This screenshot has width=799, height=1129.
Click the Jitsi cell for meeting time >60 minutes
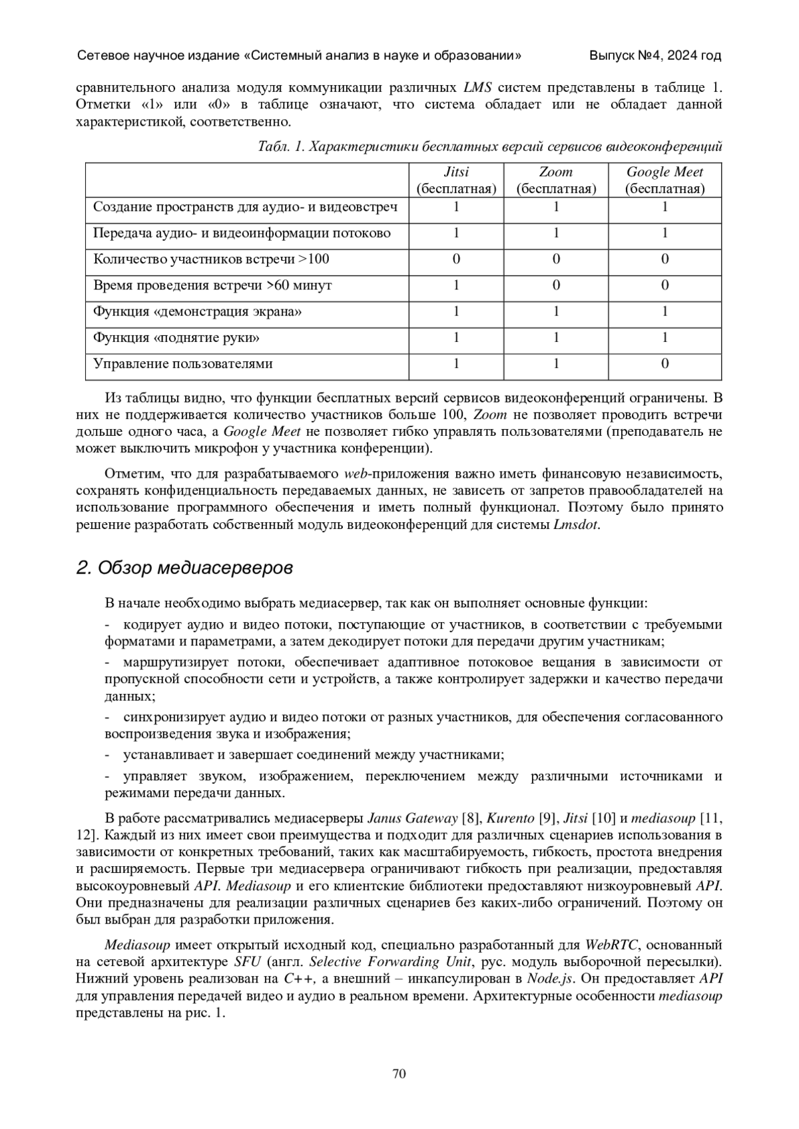click(456, 285)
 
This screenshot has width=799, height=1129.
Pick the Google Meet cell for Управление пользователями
click(665, 364)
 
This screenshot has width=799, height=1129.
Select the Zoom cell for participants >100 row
click(556, 259)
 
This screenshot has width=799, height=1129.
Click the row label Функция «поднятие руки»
click(176, 338)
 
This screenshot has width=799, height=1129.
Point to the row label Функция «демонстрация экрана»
click(197, 311)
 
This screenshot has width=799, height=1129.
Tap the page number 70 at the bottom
click(400, 1074)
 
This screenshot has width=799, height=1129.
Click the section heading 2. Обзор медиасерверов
click(184, 568)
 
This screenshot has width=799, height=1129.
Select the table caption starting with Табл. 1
click(489, 146)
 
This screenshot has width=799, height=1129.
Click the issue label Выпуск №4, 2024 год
click(655, 56)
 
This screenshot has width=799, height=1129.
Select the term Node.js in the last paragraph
click(550, 979)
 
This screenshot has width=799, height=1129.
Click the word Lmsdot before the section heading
click(575, 525)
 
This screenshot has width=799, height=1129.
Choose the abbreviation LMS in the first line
click(478, 88)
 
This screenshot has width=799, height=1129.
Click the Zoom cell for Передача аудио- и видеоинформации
click(556, 234)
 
